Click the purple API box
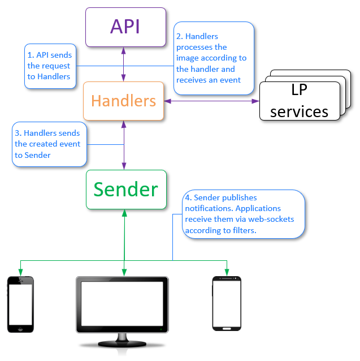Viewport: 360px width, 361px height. pos(125,27)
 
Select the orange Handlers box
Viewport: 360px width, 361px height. pos(124,101)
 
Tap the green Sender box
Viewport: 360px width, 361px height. pos(126,189)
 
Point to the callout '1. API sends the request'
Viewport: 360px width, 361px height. pos(50,66)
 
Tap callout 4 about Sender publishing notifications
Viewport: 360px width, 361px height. pos(243,214)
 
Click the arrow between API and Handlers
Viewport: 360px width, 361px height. pos(124,64)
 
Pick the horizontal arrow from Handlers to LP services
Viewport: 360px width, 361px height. pos(212,101)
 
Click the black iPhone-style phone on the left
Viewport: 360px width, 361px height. pos(20,304)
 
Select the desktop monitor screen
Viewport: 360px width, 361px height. pos(122,304)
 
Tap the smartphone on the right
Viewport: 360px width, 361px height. pos(227,303)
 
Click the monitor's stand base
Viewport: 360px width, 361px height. pos(122,345)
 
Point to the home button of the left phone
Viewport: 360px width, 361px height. pos(20,329)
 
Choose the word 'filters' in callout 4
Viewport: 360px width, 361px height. pos(244,230)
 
